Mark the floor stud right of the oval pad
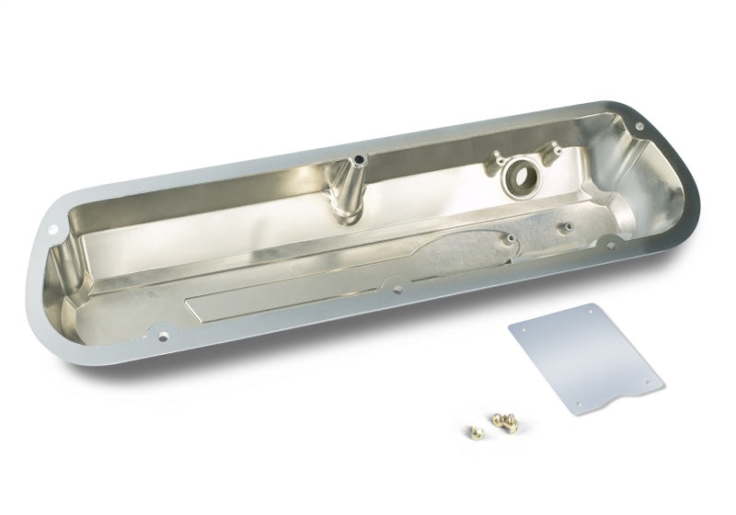[x=565, y=227]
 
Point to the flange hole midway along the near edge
[x=398, y=290]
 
